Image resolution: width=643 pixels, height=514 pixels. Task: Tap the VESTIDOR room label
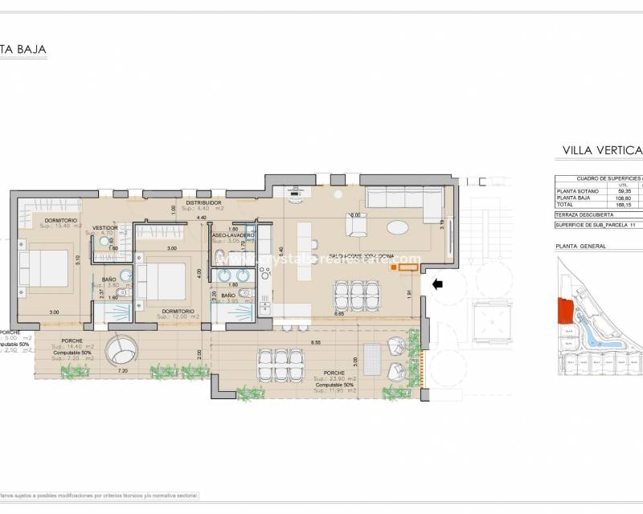tap(105, 228)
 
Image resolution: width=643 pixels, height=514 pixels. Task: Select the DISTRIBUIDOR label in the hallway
tap(203, 203)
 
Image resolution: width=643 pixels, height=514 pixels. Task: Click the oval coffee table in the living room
tap(399, 226)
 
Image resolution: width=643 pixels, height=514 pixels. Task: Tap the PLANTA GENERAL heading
tap(578, 247)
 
